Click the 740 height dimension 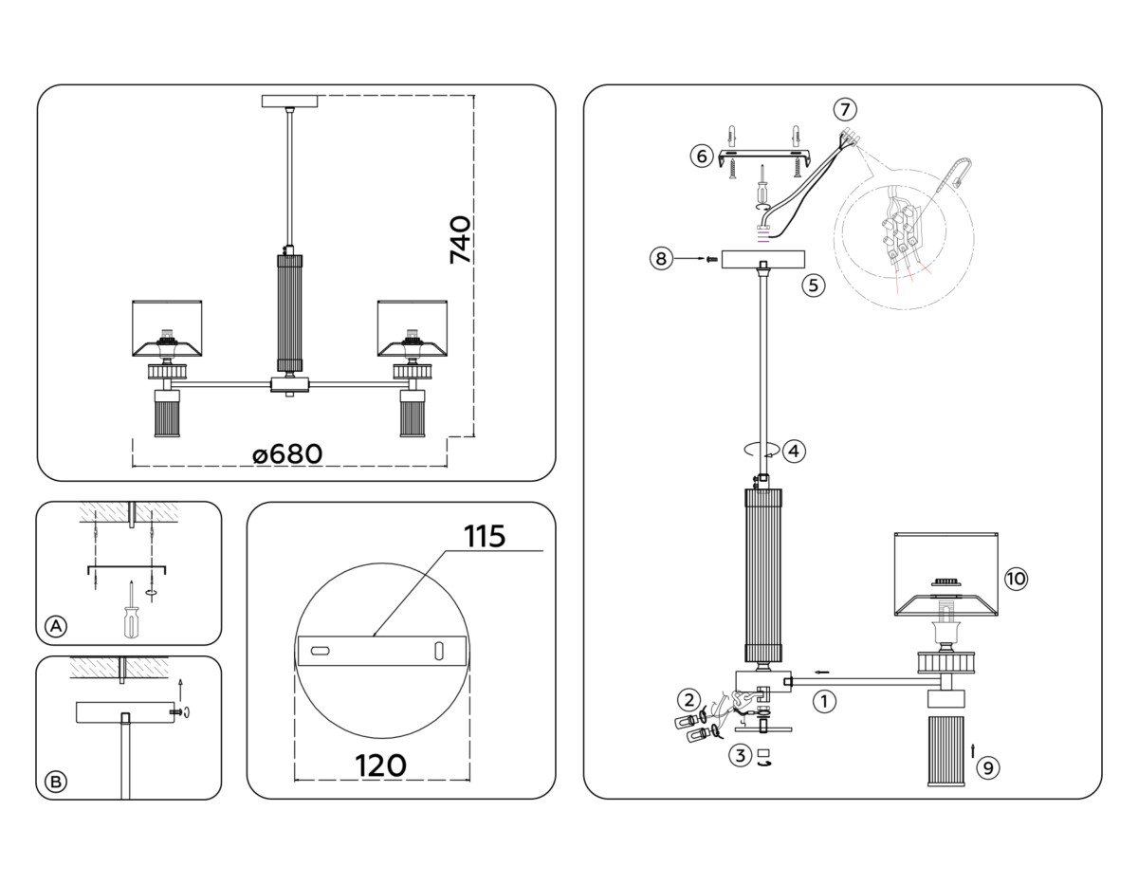click(459, 240)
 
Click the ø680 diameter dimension click(287, 454)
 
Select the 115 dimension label click(485, 536)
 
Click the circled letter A click(56, 626)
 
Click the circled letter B click(56, 782)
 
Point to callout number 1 click(824, 702)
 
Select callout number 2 click(688, 700)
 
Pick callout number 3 click(740, 756)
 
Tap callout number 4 click(794, 452)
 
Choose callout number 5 click(812, 285)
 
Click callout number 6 click(701, 156)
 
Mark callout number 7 click(845, 107)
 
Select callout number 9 click(988, 767)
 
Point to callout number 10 click(1016, 579)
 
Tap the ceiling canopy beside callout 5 click(762, 259)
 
